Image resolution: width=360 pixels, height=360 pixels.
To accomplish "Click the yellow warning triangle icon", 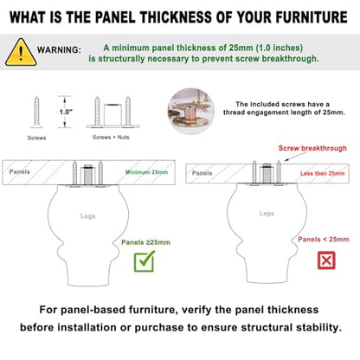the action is pyautogui.click(x=21, y=53).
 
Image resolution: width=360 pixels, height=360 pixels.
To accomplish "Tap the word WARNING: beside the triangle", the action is pyautogui.click(x=59, y=50).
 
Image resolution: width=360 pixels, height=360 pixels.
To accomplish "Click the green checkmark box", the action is pyautogui.click(x=145, y=261).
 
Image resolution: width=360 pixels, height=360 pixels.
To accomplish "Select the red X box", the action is pyautogui.click(x=326, y=260).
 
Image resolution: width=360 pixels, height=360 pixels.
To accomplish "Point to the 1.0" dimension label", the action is pyautogui.click(x=66, y=112).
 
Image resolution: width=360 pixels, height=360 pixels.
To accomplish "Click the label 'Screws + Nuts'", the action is pyautogui.click(x=111, y=137).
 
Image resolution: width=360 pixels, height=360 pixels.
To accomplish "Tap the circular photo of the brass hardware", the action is pyautogui.click(x=191, y=111).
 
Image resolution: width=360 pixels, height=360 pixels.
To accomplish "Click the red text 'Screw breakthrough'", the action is pyautogui.click(x=312, y=148).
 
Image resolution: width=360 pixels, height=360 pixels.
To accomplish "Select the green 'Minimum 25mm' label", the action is pyautogui.click(x=146, y=172).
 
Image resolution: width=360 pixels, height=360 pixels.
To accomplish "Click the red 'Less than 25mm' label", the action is pyautogui.click(x=323, y=173).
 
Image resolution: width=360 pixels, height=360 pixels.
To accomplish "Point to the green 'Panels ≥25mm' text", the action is pyautogui.click(x=145, y=242).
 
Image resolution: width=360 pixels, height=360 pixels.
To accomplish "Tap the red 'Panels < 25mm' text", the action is pyautogui.click(x=324, y=239).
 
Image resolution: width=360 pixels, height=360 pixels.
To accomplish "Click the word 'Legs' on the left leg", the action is pyautogui.click(x=87, y=216).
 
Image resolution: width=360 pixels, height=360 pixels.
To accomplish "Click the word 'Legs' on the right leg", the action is pyautogui.click(x=267, y=214).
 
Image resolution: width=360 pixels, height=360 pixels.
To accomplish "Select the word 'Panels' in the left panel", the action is pyautogui.click(x=19, y=171).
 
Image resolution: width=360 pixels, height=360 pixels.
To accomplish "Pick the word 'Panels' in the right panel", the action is pyautogui.click(x=202, y=173).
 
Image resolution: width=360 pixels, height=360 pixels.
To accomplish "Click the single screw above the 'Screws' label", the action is pyautogui.click(x=36, y=112).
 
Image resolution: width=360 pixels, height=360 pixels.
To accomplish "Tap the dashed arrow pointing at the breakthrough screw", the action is pyautogui.click(x=295, y=157).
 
